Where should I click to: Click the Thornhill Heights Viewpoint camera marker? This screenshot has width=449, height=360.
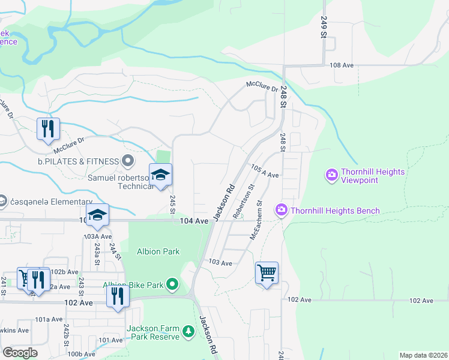click(x=331, y=175)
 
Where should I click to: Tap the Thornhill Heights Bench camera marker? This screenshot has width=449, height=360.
click(x=281, y=210)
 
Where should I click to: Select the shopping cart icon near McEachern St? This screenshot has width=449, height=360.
click(x=267, y=273)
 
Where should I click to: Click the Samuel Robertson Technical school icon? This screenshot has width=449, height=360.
click(x=160, y=175)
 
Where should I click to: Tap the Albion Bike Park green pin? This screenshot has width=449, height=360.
click(x=173, y=283)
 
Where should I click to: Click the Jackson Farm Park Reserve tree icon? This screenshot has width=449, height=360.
click(x=188, y=331)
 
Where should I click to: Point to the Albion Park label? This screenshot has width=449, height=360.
click(x=158, y=251)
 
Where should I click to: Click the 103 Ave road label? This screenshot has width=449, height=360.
click(x=220, y=263)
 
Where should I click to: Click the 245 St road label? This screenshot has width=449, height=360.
click(x=172, y=203)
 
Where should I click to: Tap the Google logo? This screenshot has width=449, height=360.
click(x=20, y=352)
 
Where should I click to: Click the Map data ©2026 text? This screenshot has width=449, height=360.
click(x=423, y=355)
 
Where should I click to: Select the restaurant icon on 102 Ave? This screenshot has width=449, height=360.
click(x=117, y=296)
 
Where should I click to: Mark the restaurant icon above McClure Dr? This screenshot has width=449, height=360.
click(x=47, y=128)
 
